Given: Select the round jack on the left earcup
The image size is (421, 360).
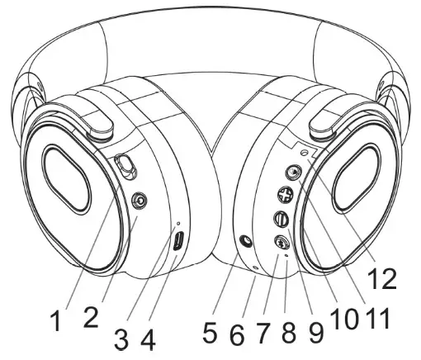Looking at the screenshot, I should point(140,200).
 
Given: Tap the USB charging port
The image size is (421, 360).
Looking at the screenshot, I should point(178,242).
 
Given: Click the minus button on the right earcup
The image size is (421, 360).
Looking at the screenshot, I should point(281,220).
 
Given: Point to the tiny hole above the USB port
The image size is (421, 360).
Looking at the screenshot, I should point(179,223).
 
